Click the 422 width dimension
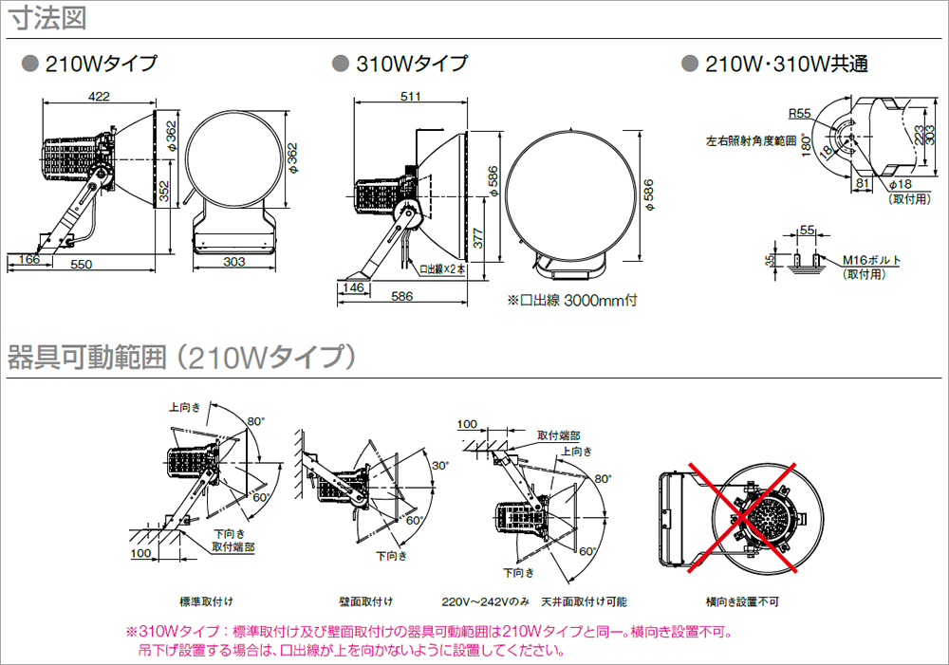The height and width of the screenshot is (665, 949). [99, 96]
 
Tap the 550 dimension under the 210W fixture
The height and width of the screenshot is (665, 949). [82, 265]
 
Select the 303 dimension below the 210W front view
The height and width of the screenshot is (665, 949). [234, 262]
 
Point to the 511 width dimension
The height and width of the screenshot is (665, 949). [411, 96]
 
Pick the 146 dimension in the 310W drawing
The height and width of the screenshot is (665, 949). [354, 286]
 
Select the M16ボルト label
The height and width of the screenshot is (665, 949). [871, 260]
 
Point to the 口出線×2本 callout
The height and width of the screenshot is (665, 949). [442, 268]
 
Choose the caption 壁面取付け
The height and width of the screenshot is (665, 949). [365, 601]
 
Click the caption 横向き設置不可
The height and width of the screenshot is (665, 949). [742, 601]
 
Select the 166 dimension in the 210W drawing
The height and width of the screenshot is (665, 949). [28, 258]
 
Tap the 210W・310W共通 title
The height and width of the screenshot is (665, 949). [787, 65]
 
